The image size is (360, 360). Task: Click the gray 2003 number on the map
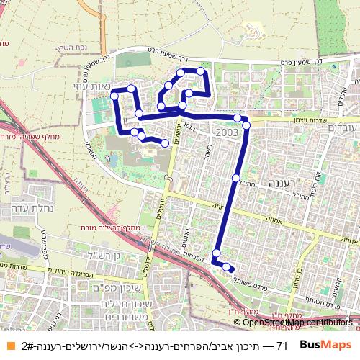click(226, 132)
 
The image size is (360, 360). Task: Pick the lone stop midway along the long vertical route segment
click(235, 177)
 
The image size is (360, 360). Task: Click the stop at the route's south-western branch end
click(166, 143)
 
